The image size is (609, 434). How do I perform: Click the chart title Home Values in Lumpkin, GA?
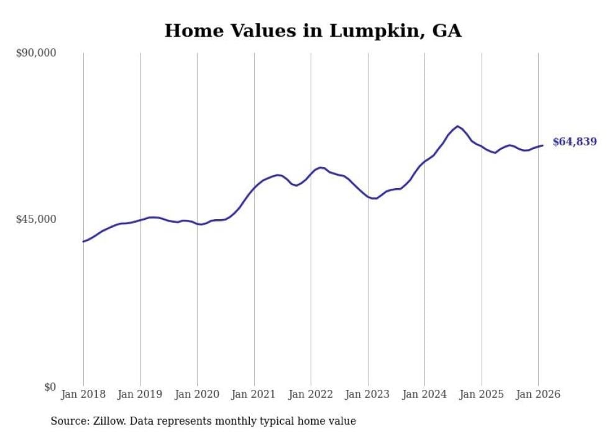coord(313,31)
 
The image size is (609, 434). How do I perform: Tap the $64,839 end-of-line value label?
coord(574,142)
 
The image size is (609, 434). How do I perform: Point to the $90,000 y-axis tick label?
coord(35,53)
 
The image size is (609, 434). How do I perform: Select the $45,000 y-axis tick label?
coord(35,219)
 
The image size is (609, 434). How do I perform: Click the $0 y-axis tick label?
coord(49,387)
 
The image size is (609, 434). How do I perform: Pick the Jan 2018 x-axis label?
coord(83,394)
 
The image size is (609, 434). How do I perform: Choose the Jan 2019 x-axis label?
coord(140,394)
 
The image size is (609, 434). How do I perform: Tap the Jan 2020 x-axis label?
coord(197,394)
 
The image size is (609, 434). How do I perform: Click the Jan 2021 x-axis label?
coord(254,394)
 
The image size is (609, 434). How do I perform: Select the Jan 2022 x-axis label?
coord(311,394)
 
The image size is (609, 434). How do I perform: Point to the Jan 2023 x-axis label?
coord(368,394)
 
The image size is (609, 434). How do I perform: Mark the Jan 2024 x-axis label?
coord(424,394)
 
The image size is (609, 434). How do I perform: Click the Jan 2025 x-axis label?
coord(482,394)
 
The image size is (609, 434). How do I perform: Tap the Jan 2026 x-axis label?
coord(538,394)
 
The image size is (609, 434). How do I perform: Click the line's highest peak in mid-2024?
coord(457,126)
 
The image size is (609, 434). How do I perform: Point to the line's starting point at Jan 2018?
coord(83,242)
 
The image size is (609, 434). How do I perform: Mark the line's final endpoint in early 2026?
coord(543,145)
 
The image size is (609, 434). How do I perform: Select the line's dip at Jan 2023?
coord(373,198)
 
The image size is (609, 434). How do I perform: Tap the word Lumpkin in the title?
coord(372,31)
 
